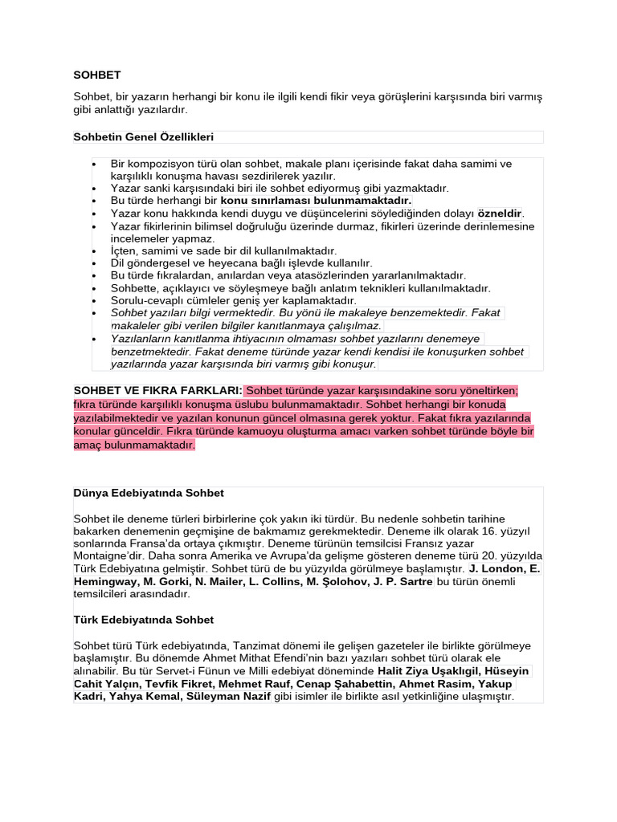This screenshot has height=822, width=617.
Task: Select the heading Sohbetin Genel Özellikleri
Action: point(144,136)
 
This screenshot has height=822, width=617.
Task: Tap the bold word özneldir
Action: point(500,213)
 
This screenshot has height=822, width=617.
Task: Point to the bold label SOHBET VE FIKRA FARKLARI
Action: point(157,390)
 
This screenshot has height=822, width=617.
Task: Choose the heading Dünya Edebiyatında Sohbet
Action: point(149,492)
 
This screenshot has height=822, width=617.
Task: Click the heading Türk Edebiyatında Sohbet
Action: point(144,620)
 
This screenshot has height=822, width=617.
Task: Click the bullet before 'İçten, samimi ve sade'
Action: point(95,250)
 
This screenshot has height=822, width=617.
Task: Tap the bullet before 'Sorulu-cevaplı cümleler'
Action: point(95,300)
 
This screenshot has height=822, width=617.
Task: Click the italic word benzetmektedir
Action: point(153,351)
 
